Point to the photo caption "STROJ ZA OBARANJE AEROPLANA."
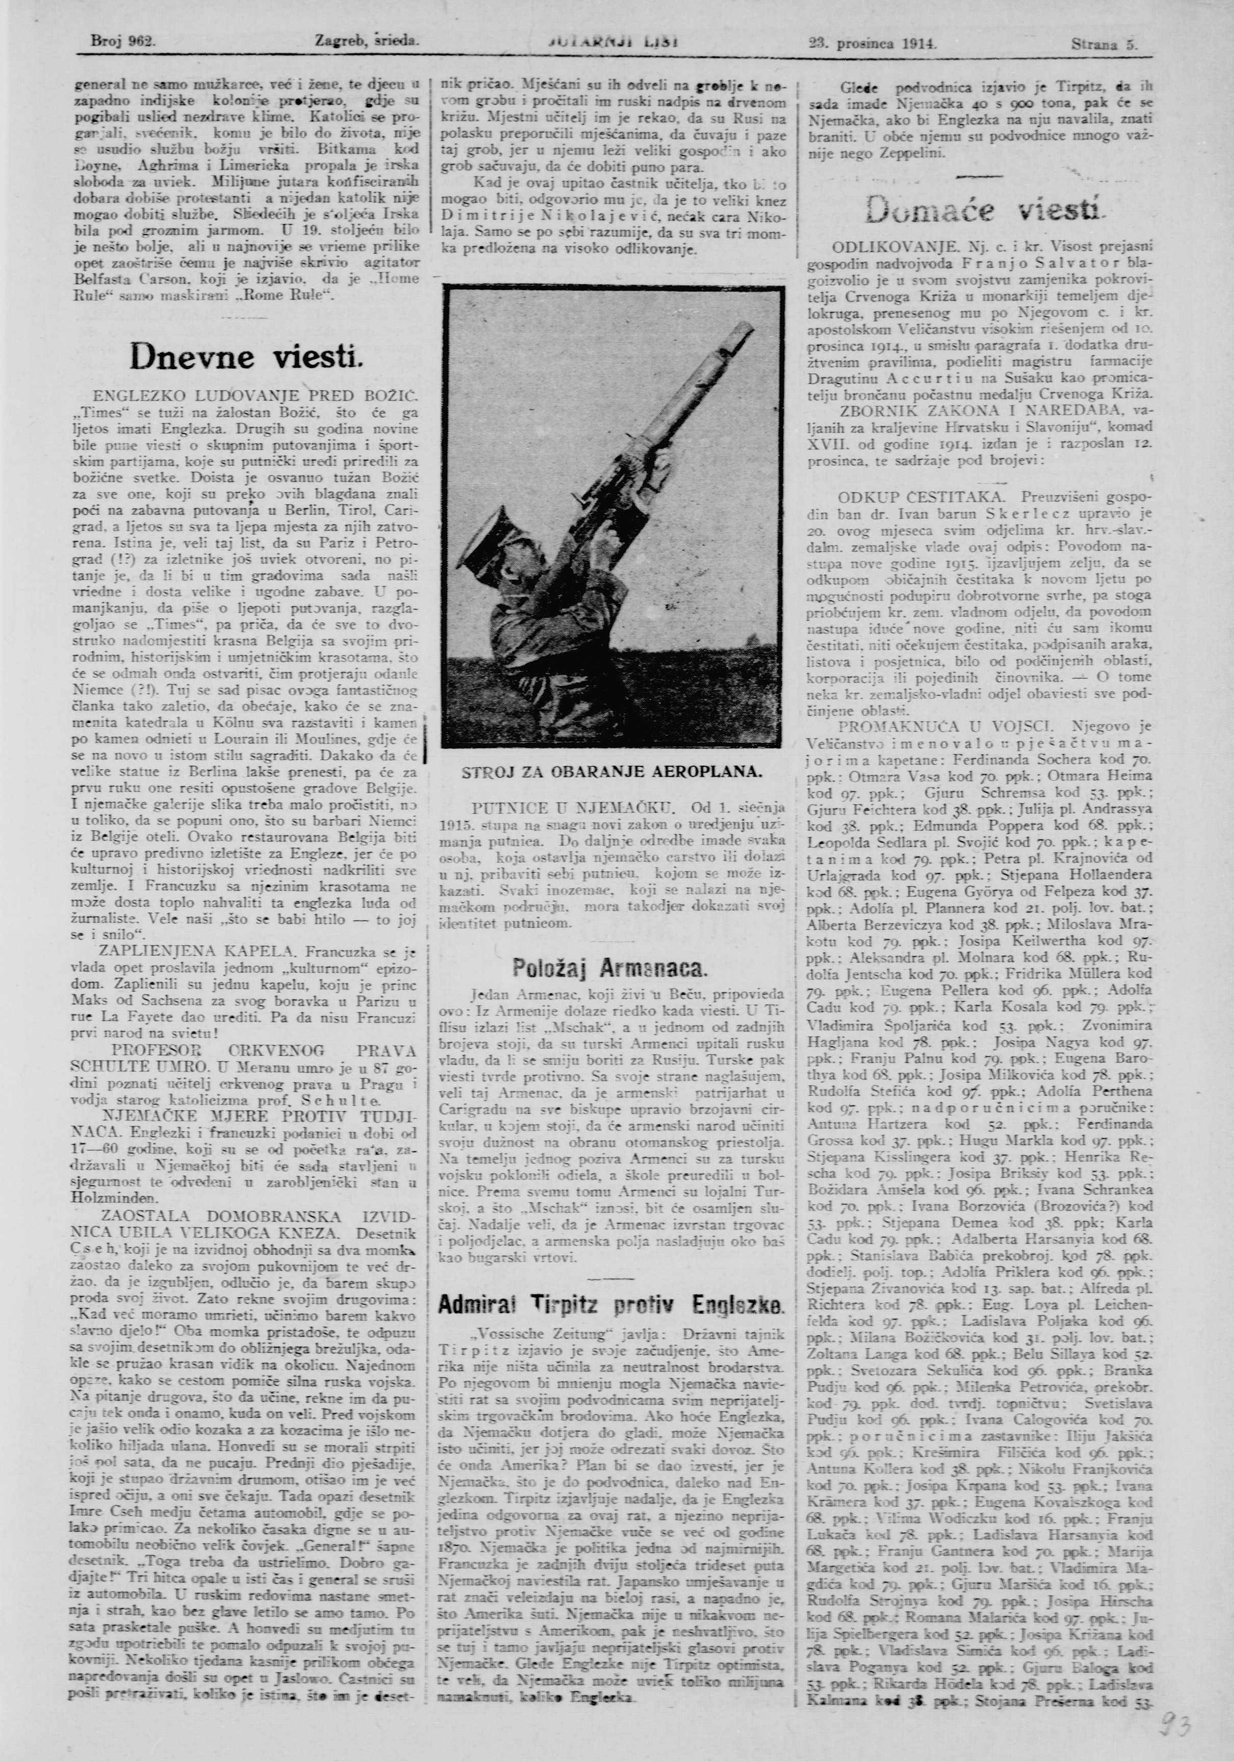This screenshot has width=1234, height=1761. coord(612,772)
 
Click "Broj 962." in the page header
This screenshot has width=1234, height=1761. coord(123,44)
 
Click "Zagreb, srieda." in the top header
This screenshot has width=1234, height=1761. coord(366,44)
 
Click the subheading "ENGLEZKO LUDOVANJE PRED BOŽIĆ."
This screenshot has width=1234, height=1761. coord(255,396)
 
